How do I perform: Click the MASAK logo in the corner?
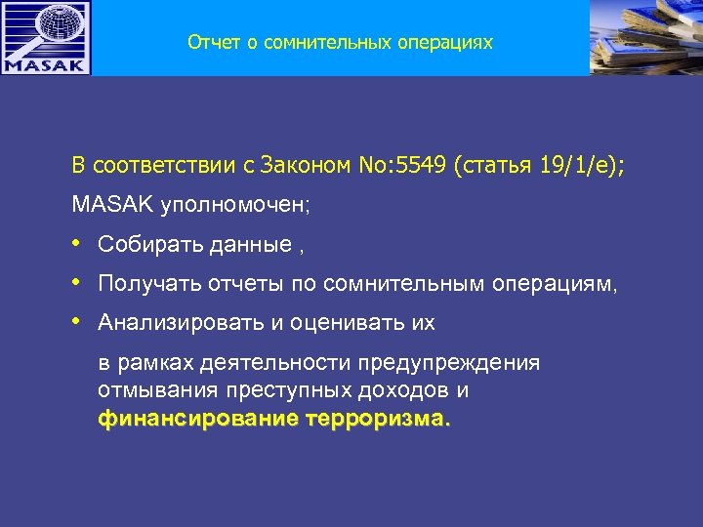click(x=46, y=37)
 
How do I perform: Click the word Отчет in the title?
click(x=209, y=42)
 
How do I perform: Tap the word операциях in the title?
click(x=446, y=42)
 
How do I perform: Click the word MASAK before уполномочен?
click(x=104, y=206)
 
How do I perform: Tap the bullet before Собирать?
click(x=77, y=244)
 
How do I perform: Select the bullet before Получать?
click(x=77, y=283)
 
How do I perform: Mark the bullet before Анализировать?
click(x=77, y=322)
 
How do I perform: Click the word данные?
click(x=249, y=245)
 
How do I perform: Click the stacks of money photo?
click(x=646, y=37)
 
